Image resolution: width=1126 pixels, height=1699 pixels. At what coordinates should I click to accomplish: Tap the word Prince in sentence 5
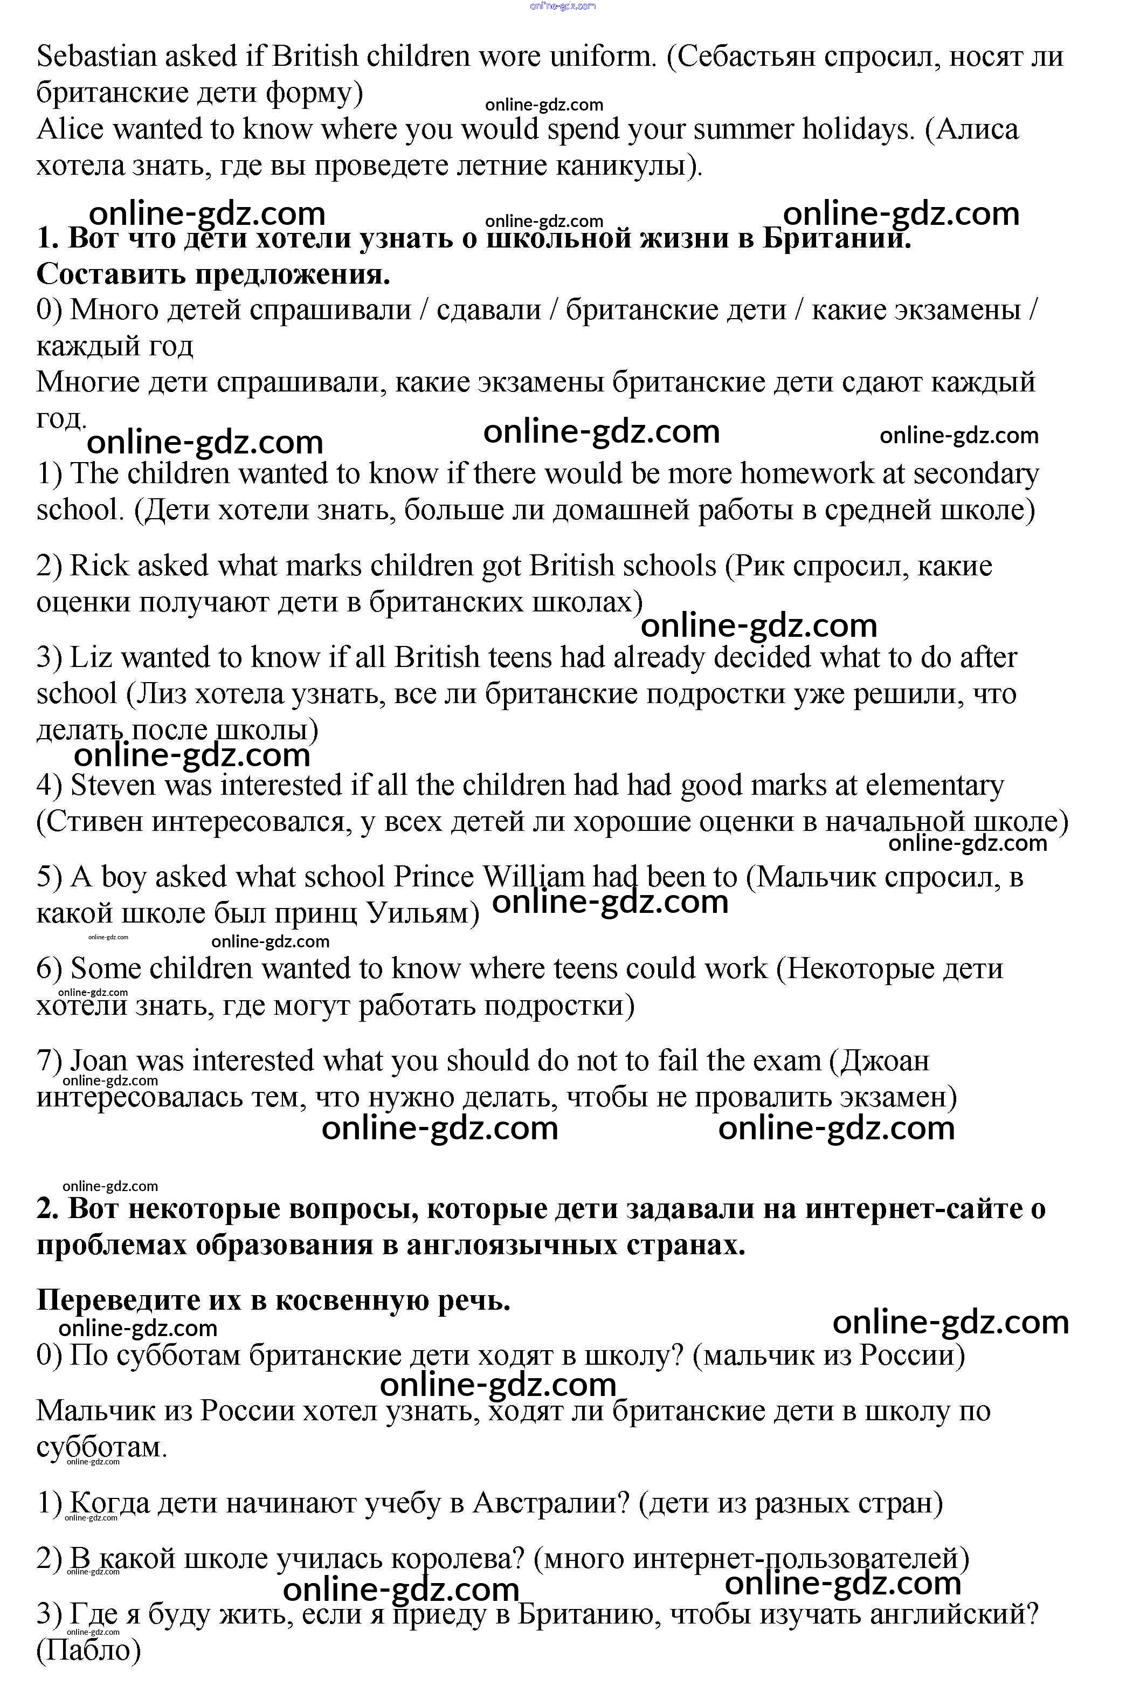click(434, 877)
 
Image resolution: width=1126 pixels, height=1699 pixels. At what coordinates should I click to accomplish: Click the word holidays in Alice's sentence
click(849, 130)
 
